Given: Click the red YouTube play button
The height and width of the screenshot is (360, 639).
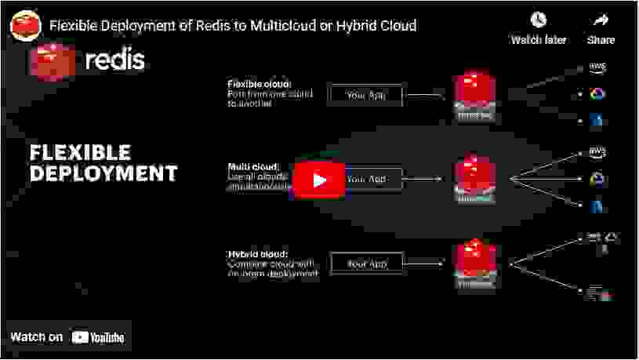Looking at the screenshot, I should click(x=319, y=180).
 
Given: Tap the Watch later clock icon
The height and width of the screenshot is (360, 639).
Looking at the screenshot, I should click(x=538, y=20).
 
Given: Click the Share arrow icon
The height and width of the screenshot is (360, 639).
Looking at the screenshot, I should click(x=601, y=20).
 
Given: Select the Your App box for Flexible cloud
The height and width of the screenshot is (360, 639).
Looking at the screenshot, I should click(x=366, y=96).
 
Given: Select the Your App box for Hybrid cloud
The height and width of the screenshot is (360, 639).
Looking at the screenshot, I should click(x=366, y=264).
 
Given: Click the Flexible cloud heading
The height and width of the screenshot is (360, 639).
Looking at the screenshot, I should click(x=260, y=84).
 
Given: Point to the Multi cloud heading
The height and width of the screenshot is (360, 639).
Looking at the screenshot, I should click(x=252, y=167).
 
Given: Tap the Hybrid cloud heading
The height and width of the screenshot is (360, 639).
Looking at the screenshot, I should click(x=258, y=254).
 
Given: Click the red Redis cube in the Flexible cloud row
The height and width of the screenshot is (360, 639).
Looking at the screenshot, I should click(x=474, y=93).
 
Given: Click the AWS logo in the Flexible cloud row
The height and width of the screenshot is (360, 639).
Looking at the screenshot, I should click(x=597, y=68).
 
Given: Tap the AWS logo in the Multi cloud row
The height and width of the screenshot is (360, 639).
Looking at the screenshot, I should click(x=597, y=152).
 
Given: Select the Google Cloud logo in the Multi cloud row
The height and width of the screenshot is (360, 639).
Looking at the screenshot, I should click(x=597, y=180).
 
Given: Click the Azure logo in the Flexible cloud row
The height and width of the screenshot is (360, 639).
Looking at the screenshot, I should click(x=597, y=121).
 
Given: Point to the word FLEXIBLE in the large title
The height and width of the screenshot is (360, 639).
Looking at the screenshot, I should click(x=80, y=151).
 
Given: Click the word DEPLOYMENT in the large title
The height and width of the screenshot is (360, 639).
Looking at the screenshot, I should click(x=103, y=172).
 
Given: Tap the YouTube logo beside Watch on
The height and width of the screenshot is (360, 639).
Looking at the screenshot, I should click(x=98, y=337).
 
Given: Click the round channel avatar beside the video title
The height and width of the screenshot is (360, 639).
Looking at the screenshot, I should click(x=25, y=25).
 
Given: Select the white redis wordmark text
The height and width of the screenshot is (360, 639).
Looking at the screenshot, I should click(x=114, y=59).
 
